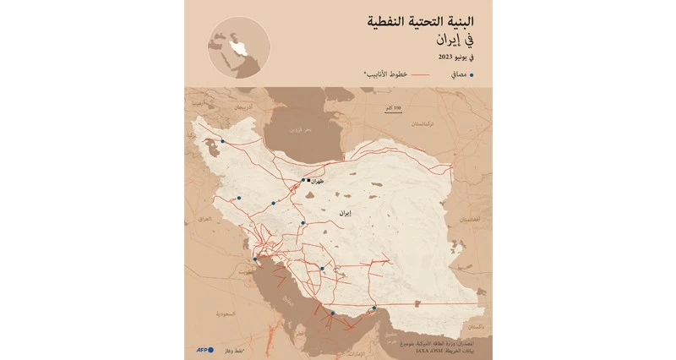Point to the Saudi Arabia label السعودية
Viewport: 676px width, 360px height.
(x=226, y=314)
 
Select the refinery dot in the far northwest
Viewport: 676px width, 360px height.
(x=223, y=142)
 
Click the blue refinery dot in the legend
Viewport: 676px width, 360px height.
(x=472, y=75)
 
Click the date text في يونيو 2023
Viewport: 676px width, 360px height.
(x=457, y=57)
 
